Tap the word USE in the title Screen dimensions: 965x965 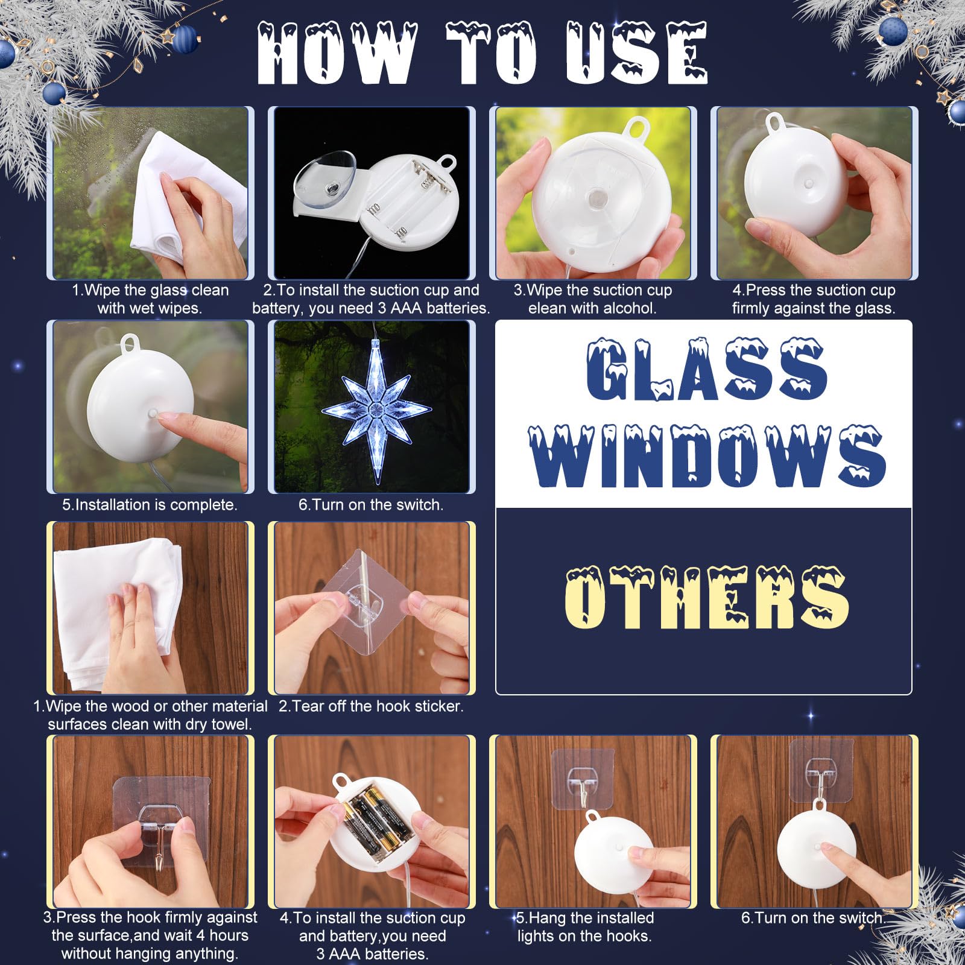[x=636, y=53]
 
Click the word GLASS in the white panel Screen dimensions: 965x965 [x=707, y=369]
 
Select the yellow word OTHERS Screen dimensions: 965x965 [x=707, y=597]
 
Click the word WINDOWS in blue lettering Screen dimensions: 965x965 [x=707, y=455]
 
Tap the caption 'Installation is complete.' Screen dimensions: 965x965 [x=150, y=505]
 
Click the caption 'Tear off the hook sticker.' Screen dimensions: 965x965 [x=371, y=706]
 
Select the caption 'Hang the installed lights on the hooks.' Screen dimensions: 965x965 [x=584, y=927]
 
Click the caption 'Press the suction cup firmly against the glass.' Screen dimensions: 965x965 [x=814, y=299]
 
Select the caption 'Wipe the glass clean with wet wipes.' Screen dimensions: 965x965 [x=150, y=299]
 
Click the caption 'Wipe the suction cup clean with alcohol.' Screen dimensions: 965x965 [x=592, y=299]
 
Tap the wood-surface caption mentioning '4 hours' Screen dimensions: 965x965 [x=150, y=935]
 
